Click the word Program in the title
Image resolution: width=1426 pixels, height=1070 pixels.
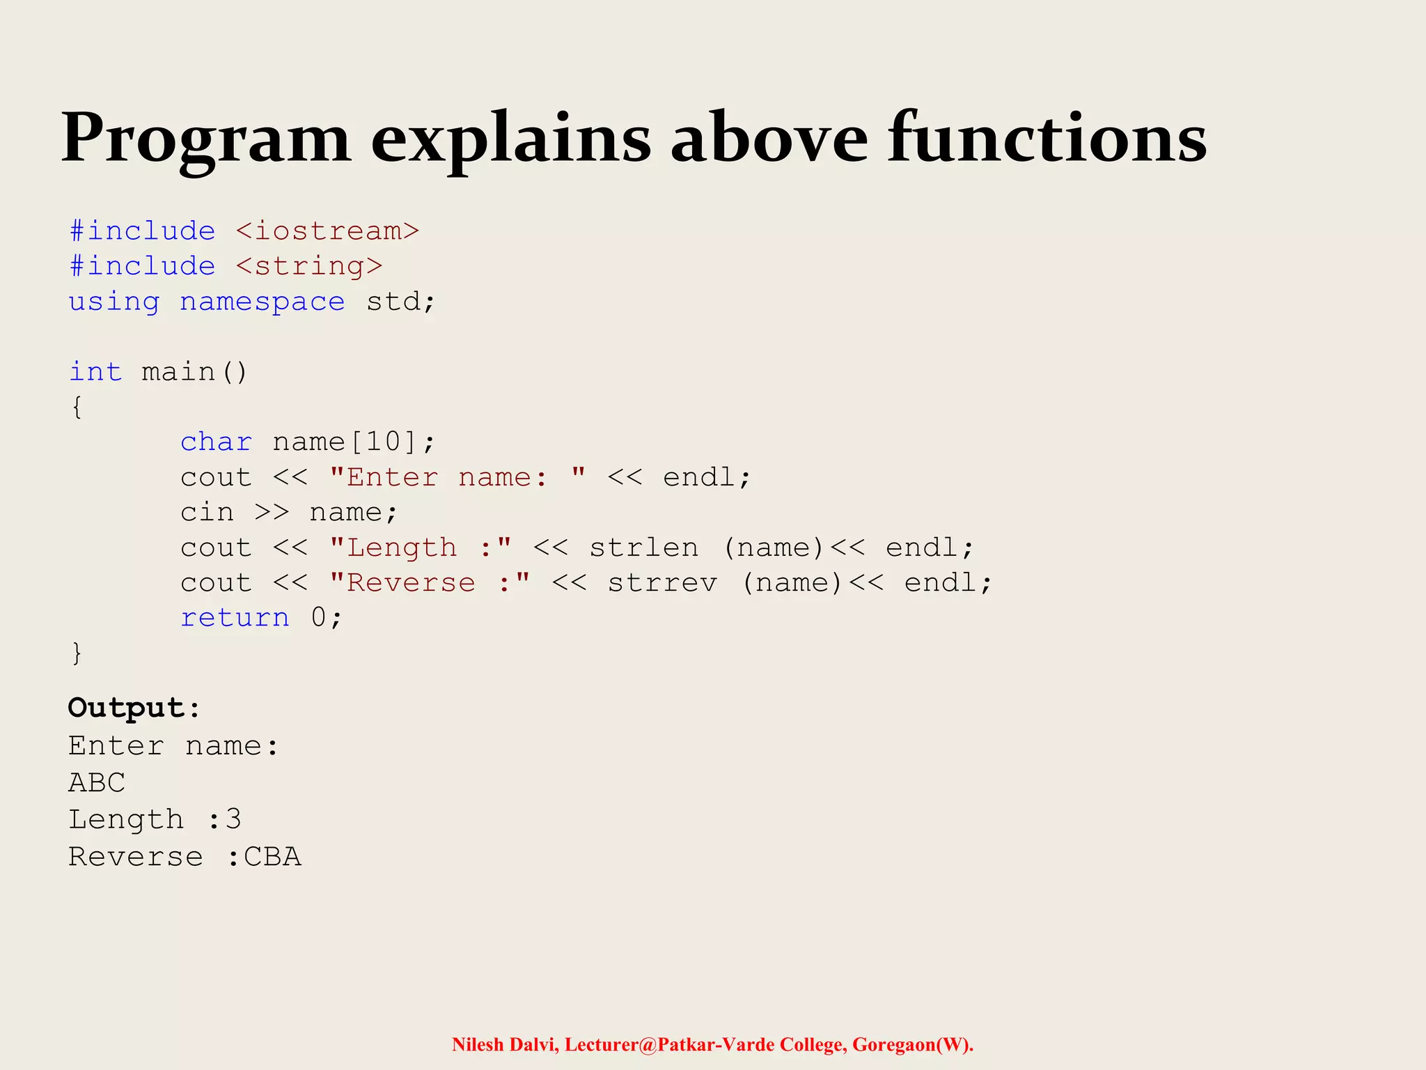206,139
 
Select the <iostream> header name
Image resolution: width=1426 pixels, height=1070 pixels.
327,231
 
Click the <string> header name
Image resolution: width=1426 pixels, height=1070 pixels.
309,267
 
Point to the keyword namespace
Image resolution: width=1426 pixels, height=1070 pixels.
262,302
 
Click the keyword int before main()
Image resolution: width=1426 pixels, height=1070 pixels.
95,372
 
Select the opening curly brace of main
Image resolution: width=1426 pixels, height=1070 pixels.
77,407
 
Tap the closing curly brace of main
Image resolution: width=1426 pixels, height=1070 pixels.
77,653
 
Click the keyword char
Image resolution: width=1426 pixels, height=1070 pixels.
216,442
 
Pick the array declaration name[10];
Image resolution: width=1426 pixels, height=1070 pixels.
354,442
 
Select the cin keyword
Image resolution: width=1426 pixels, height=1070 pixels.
207,513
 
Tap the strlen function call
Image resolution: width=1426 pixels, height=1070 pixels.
643,548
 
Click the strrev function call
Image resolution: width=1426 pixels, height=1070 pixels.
662,583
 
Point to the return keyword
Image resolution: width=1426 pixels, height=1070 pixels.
235,618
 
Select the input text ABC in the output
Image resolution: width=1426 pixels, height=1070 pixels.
97,783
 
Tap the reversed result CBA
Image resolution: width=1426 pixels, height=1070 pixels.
272,857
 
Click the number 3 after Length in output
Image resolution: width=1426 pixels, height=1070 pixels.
234,820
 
